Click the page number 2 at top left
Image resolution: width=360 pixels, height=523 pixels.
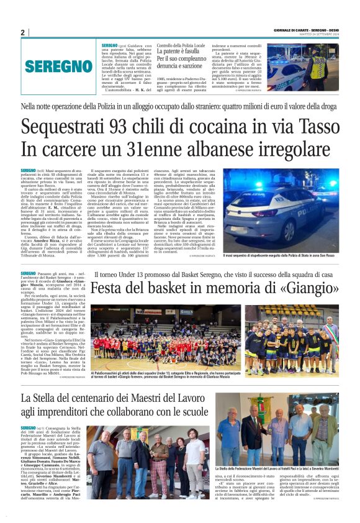click(x=23, y=33)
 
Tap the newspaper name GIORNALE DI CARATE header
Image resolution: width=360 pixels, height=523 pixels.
click(x=305, y=30)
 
